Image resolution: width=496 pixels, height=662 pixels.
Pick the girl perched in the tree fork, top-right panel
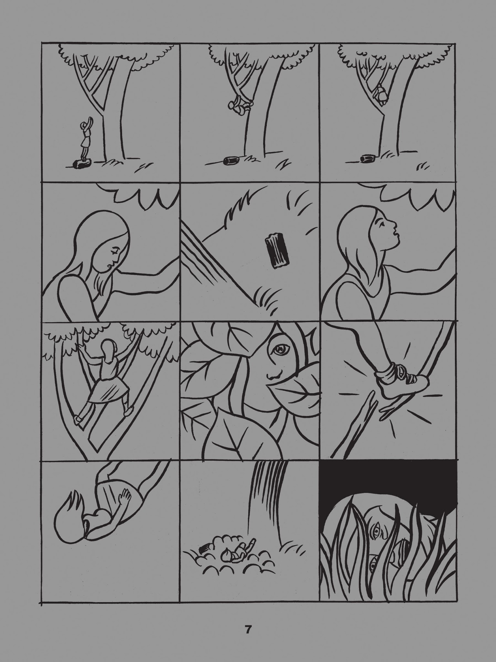tap(381, 94)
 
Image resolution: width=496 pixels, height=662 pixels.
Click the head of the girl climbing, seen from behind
tap(108, 348)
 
